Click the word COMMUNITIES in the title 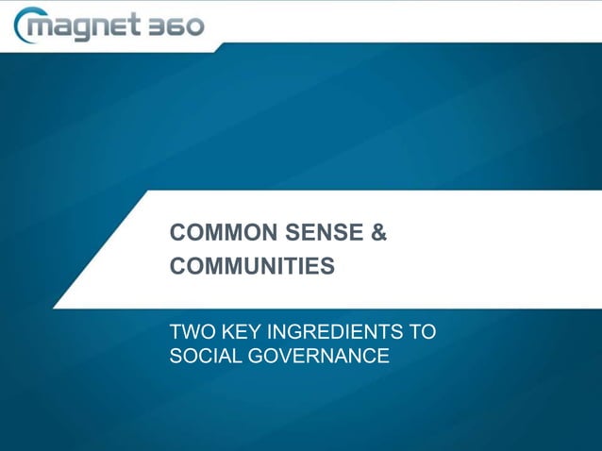252,267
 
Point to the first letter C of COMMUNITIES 176,267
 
